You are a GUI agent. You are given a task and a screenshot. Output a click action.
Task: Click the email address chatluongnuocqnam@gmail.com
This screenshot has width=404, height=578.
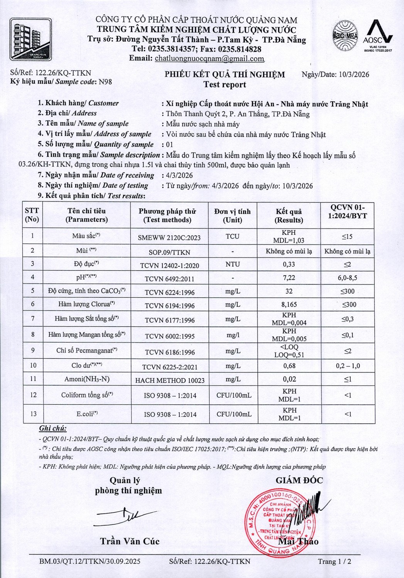210,59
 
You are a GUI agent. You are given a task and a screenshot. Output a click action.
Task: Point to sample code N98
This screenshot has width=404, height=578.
105,82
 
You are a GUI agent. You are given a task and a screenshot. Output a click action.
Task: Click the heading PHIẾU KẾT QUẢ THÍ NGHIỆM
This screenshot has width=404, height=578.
225,74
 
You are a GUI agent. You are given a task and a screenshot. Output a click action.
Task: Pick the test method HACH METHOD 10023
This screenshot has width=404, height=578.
170,380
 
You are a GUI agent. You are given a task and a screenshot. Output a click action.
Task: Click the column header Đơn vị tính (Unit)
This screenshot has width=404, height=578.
232,216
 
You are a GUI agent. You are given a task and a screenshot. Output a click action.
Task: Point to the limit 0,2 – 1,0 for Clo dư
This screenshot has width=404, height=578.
348,366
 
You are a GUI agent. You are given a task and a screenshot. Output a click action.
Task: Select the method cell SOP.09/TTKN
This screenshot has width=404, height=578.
169,252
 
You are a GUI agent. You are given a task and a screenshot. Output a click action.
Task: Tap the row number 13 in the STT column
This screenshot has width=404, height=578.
33,414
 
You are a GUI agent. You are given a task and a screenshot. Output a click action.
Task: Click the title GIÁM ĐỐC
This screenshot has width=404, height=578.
299,480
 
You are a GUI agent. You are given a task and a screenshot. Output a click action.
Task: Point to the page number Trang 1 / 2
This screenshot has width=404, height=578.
335,561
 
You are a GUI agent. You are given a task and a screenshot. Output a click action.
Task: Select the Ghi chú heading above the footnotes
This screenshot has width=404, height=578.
53,428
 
